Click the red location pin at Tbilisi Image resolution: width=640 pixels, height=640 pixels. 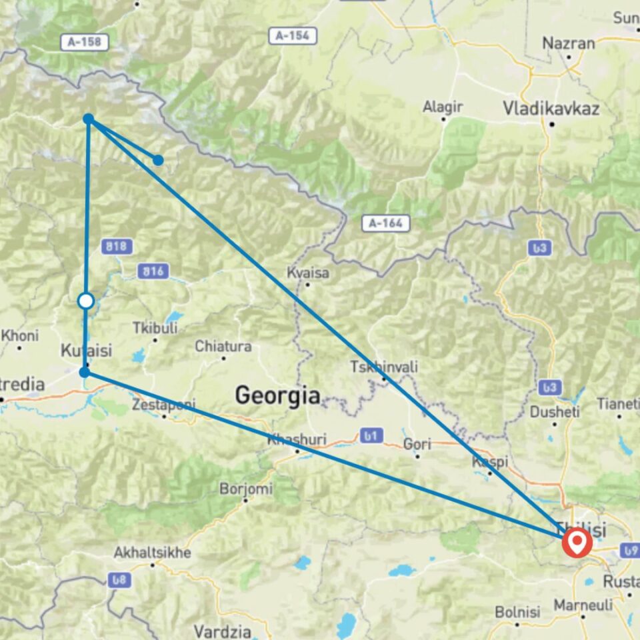(x=577, y=542)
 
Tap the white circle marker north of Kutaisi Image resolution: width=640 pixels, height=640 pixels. (x=86, y=301)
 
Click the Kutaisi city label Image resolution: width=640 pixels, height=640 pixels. (x=86, y=350)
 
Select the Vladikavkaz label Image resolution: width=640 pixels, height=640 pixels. (x=551, y=108)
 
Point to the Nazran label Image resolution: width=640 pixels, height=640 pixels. (x=568, y=43)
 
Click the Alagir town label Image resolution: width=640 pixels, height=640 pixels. (x=443, y=107)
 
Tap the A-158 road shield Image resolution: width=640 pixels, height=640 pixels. (x=85, y=42)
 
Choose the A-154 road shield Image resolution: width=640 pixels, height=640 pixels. (x=293, y=36)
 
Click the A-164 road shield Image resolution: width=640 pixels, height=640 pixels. (x=386, y=223)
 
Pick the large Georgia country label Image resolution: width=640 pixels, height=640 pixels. (x=277, y=396)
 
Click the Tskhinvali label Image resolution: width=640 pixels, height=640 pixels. (x=385, y=367)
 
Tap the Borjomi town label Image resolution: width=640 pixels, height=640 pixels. (x=247, y=489)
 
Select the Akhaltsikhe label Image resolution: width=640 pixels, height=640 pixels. (x=153, y=553)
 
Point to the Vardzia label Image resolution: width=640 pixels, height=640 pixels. (x=223, y=631)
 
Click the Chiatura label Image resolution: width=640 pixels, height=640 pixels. (x=223, y=347)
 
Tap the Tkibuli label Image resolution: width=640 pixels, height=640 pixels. (x=155, y=328)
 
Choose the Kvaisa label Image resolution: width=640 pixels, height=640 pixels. (x=307, y=273)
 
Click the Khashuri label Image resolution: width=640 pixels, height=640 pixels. (x=295, y=439)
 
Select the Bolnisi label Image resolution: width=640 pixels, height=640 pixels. (x=517, y=612)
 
